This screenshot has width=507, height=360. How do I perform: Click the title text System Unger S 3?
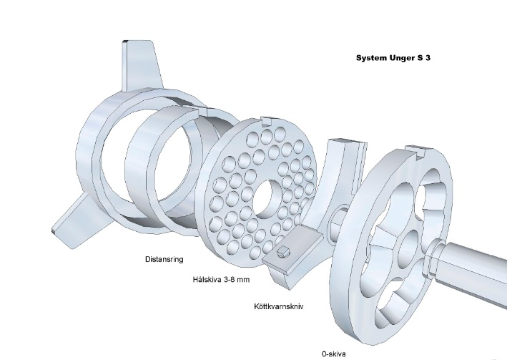pyautogui.click(x=393, y=58)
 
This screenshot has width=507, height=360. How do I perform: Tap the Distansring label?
pyautogui.click(x=164, y=259)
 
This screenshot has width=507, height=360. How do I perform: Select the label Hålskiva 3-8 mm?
pyautogui.click(x=221, y=279)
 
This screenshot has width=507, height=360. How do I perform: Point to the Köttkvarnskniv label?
pyautogui.click(x=279, y=306)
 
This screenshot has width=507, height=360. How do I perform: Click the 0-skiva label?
pyautogui.click(x=334, y=354)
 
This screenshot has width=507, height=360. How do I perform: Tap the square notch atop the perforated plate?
pyautogui.click(x=267, y=122)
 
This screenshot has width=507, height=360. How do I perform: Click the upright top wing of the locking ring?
pyautogui.click(x=141, y=64)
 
